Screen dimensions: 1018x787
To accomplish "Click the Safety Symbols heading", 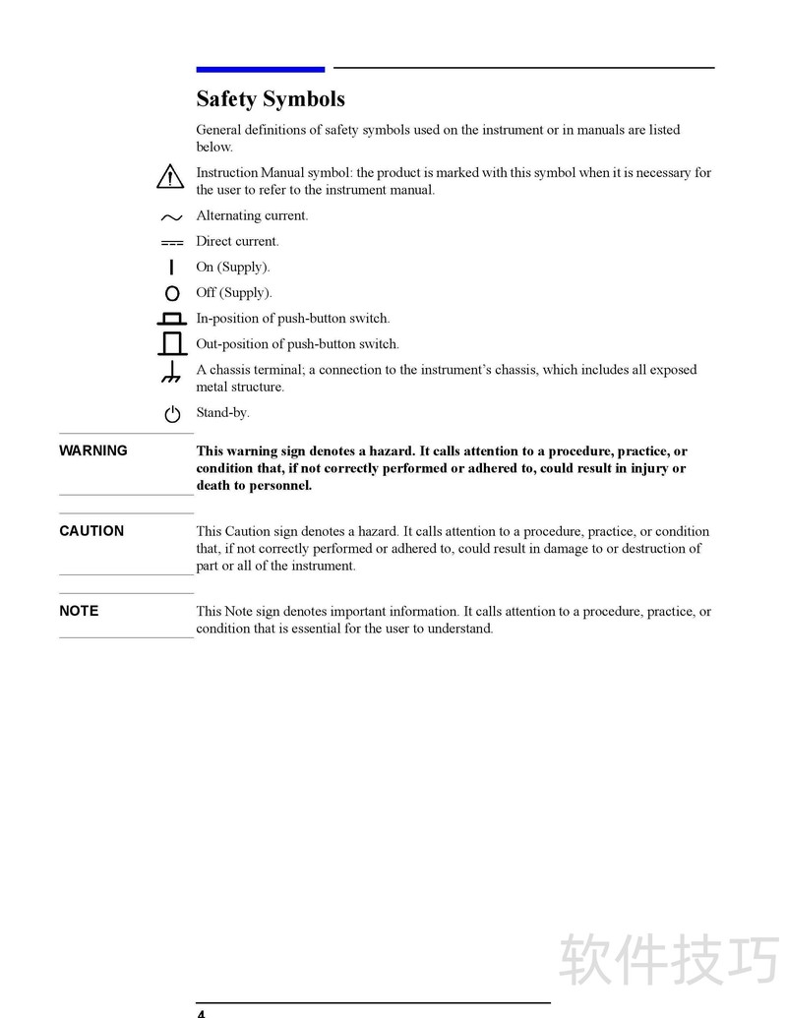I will click(x=271, y=99).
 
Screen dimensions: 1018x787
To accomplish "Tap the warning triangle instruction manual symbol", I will click(x=171, y=178).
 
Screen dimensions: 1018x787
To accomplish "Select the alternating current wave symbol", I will click(x=172, y=217).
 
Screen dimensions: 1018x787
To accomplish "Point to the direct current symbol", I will click(x=172, y=242).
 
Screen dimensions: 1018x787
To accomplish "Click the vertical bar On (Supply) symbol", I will click(x=172, y=267).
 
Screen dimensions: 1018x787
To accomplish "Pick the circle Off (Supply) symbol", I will click(x=172, y=293).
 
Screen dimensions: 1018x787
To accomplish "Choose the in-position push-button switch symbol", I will click(x=172, y=319).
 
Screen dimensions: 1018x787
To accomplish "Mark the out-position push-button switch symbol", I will click(x=172, y=343).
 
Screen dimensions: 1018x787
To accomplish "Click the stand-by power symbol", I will click(x=172, y=414).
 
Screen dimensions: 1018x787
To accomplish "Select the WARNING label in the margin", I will click(x=93, y=450).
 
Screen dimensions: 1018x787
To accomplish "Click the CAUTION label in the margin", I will click(x=91, y=531).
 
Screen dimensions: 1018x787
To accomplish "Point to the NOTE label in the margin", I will click(x=79, y=611).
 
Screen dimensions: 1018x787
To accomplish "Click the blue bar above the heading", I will click(x=261, y=69).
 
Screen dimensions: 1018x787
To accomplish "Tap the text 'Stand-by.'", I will click(x=222, y=413).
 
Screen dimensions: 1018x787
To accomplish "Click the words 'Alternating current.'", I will click(x=252, y=215).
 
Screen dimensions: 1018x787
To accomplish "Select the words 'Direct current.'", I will click(x=237, y=241).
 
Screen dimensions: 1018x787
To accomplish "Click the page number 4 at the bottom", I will click(x=201, y=1012).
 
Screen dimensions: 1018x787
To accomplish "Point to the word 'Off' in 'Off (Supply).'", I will click(x=206, y=292).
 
